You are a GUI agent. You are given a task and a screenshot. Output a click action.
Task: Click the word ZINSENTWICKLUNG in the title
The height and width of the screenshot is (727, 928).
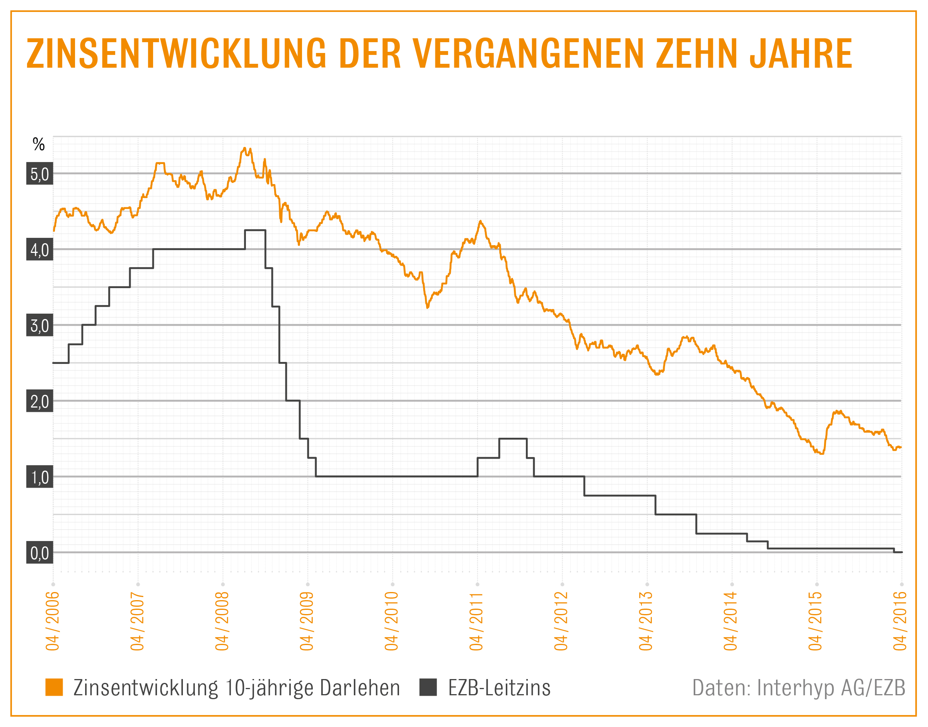(x=176, y=54)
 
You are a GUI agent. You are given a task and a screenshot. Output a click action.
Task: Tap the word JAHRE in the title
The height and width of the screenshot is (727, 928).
(x=800, y=54)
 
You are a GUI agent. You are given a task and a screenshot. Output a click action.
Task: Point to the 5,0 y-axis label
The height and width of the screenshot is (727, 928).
(x=39, y=174)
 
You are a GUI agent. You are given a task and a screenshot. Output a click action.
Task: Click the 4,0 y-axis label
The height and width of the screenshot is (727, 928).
(x=39, y=249)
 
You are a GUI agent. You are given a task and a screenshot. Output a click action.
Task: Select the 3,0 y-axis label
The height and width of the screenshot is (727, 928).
(x=39, y=325)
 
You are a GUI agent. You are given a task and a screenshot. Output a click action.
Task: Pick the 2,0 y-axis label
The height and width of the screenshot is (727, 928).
(x=39, y=401)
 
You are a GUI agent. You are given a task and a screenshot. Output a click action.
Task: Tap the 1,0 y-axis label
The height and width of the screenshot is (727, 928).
(x=39, y=477)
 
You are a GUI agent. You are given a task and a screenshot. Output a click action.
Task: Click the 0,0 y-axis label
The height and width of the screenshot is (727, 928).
(x=39, y=553)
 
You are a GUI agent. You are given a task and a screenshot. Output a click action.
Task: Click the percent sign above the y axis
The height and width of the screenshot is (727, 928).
(x=39, y=145)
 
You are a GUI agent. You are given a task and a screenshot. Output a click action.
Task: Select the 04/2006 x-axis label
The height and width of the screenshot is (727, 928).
(x=53, y=621)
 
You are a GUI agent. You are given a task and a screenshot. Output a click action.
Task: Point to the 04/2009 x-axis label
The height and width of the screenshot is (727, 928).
(x=307, y=621)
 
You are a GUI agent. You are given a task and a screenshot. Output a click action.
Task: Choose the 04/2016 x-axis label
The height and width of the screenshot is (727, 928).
(x=900, y=621)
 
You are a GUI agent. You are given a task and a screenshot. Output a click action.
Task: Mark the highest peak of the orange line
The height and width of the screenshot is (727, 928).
(x=244, y=148)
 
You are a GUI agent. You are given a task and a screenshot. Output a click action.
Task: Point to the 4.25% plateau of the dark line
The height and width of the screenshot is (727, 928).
(x=255, y=230)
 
